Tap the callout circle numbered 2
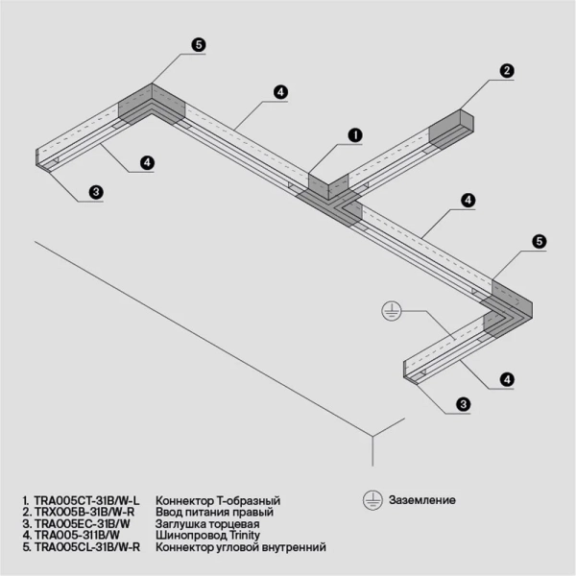(x=507, y=70)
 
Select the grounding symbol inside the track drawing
(x=391, y=309)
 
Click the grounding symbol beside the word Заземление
(x=370, y=500)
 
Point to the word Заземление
(x=421, y=500)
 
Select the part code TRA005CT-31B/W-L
(x=86, y=501)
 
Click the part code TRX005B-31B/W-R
(x=84, y=513)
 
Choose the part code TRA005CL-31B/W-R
(x=87, y=547)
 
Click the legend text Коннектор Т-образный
(x=217, y=501)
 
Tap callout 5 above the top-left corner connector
(x=198, y=45)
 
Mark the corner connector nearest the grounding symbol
(x=509, y=307)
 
